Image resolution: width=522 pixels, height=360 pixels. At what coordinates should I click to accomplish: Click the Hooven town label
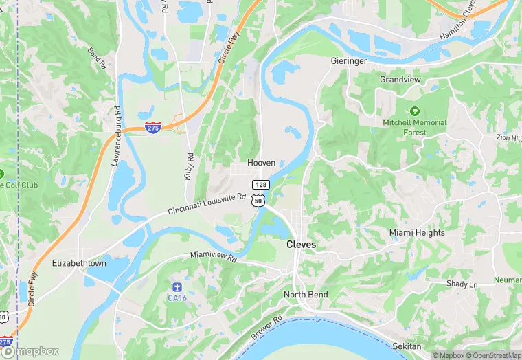[262, 163]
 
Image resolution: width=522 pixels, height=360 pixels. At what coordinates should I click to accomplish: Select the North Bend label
[306, 295]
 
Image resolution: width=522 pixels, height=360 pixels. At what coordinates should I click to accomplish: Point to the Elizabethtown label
[79, 263]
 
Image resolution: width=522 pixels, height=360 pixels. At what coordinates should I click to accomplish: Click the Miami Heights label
[417, 232]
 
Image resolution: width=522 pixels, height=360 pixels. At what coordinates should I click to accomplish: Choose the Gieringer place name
[348, 60]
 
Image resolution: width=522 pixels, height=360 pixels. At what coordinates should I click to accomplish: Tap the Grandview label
[400, 80]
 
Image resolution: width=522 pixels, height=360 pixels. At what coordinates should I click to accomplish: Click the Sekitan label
[407, 346]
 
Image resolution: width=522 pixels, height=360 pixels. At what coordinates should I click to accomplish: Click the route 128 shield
[260, 185]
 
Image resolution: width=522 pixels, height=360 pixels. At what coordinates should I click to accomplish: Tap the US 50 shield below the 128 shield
[257, 199]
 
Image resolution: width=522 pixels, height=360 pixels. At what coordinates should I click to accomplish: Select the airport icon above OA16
[177, 286]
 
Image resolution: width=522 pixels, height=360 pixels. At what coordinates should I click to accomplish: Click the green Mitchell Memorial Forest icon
[414, 111]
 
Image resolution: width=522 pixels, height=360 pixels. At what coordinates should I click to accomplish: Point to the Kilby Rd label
[189, 166]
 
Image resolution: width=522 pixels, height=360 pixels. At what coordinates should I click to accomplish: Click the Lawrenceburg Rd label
[116, 136]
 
